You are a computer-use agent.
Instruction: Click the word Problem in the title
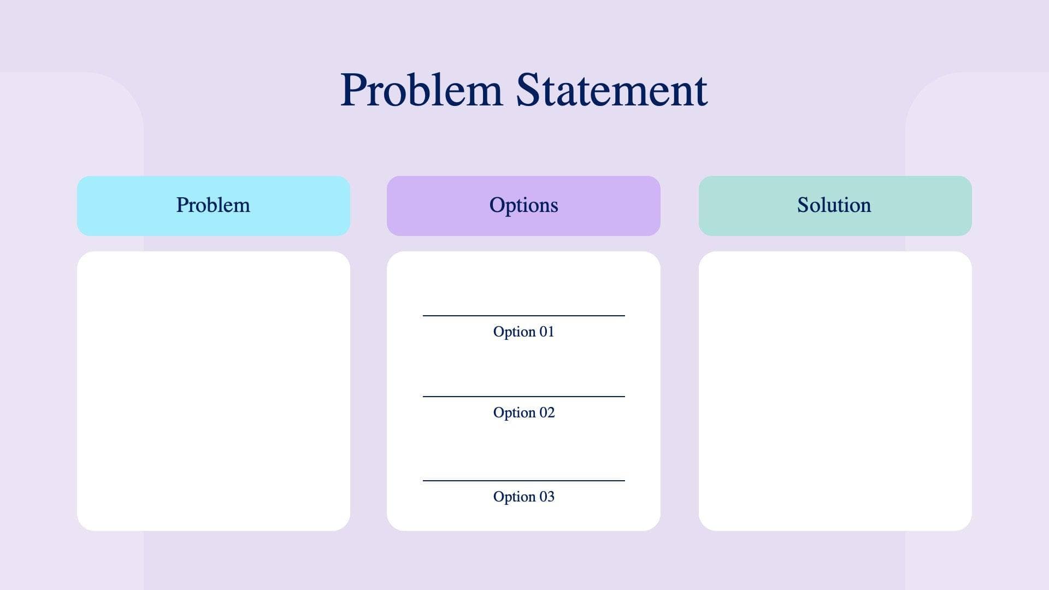pos(421,90)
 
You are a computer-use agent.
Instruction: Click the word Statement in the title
pos(611,90)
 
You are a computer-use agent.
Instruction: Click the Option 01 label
pos(523,332)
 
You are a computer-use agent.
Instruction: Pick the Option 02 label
pos(523,412)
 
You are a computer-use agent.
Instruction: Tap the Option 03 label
pos(523,497)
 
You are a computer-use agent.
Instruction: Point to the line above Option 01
pos(523,316)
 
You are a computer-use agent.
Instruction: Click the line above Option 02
pos(523,397)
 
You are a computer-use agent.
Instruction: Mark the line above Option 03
pos(523,481)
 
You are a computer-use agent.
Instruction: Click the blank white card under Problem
pos(213,391)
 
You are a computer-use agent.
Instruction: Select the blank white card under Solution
pos(835,391)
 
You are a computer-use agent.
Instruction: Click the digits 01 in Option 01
pos(546,332)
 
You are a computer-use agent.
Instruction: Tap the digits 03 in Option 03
pos(547,497)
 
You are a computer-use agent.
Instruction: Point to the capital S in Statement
pos(528,90)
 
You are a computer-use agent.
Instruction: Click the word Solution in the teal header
pos(834,205)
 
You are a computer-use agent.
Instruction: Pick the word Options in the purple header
pos(523,205)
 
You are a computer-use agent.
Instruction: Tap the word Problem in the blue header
pos(213,205)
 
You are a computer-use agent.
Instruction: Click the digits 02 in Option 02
pos(547,412)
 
